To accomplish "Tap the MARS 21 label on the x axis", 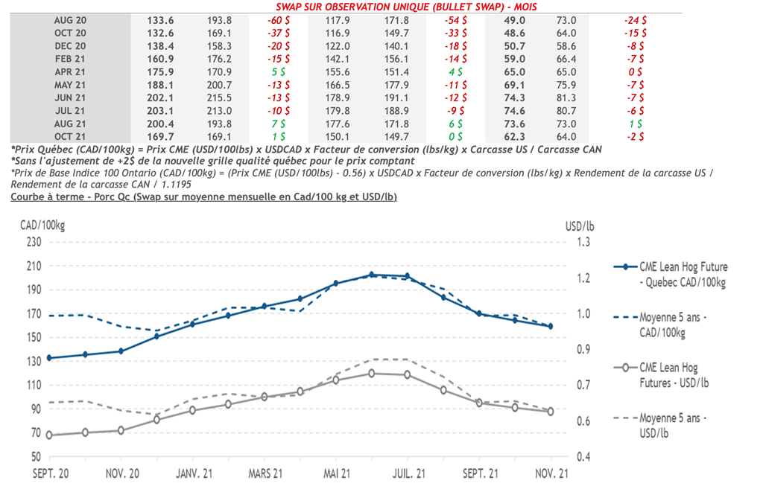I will pyautogui.click(x=265, y=473).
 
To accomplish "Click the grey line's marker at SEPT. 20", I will pyautogui.click(x=49, y=435).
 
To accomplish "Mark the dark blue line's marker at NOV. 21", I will pyautogui.click(x=551, y=326).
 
